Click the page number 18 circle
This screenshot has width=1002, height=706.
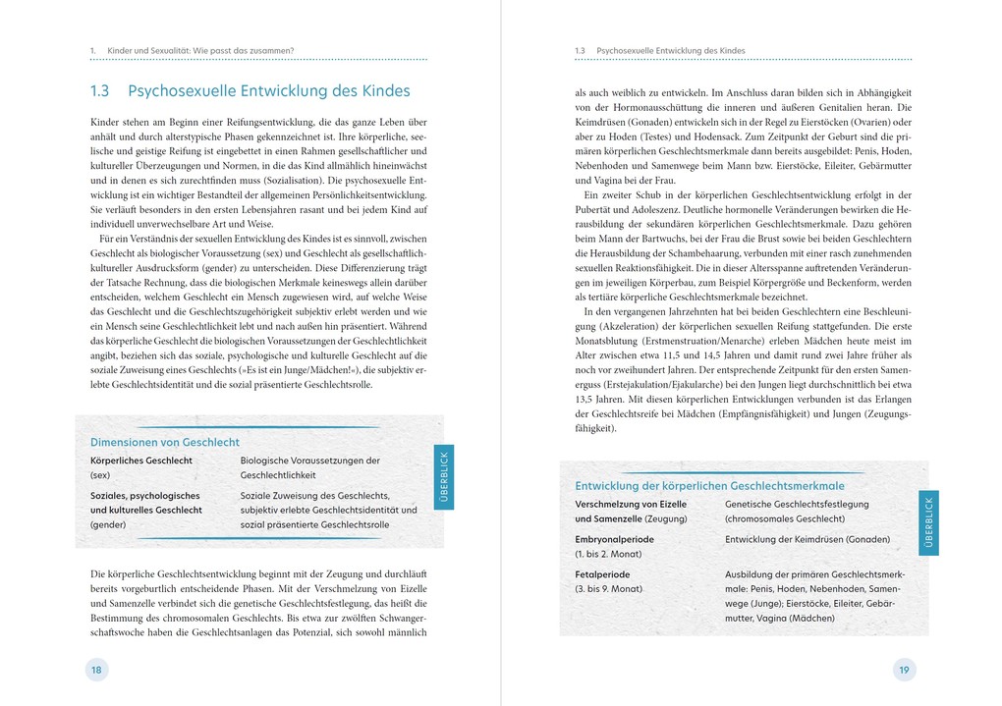96,670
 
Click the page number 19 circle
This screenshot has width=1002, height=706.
904,670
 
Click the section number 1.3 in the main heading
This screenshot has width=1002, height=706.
99,91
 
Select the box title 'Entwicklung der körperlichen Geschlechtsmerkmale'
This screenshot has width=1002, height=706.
709,486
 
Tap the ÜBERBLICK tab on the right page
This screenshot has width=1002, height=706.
928,522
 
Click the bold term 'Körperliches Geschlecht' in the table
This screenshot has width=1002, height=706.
141,461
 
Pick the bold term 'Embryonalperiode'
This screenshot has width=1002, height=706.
614,539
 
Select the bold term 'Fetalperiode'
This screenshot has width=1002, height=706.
602,574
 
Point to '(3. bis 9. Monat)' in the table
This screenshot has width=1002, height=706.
609,589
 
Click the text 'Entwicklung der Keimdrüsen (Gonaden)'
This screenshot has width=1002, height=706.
807,539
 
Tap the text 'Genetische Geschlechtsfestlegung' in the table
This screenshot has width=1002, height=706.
797,504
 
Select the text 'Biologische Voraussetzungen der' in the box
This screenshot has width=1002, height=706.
309,461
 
